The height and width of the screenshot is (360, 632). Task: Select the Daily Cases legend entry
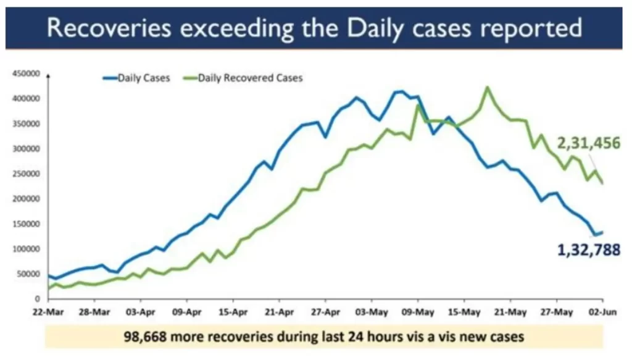click(143, 78)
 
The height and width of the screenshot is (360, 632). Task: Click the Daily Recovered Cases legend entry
click(250, 78)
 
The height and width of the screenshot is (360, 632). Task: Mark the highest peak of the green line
click(488, 87)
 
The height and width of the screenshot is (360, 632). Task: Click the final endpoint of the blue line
click(602, 232)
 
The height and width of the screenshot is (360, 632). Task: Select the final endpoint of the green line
click(602, 183)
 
